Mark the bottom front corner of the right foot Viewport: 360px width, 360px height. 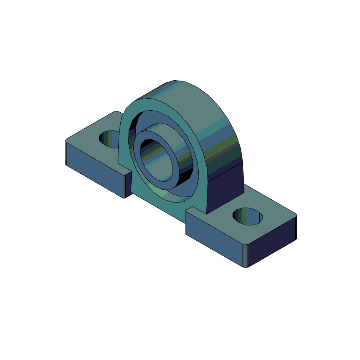pos(247,268)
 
